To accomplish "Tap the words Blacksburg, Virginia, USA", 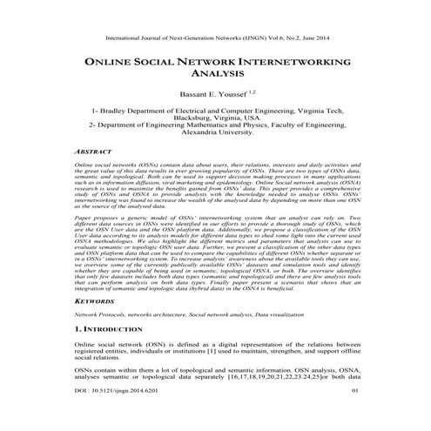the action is [216, 120].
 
